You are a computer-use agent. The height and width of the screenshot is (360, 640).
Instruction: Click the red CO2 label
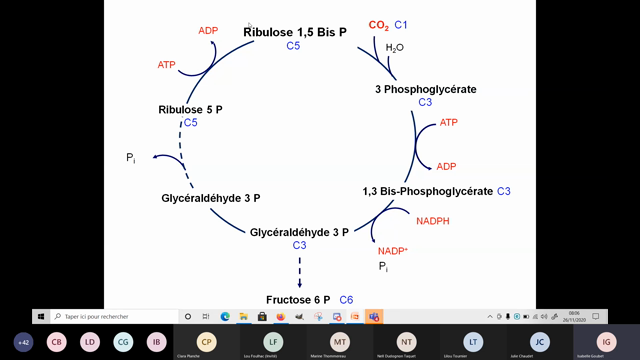(379, 25)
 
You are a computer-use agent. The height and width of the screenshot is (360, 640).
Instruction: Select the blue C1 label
(401, 25)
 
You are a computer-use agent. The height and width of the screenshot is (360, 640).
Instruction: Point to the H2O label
(395, 47)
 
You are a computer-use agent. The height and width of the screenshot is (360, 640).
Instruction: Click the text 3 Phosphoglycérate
(425, 89)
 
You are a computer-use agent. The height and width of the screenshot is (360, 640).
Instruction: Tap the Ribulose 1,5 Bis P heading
(295, 32)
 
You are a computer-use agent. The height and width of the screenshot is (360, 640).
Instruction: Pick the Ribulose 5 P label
(190, 109)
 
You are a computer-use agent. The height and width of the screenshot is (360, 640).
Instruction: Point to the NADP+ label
(393, 251)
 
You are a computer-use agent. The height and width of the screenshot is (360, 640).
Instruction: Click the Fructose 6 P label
(298, 300)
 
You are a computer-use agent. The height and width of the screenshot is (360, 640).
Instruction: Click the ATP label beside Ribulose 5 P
(167, 65)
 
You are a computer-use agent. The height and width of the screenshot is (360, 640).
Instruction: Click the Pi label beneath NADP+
(383, 267)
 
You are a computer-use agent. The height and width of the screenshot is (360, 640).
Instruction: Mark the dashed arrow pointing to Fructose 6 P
(299, 270)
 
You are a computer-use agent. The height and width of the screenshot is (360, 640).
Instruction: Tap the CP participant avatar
(207, 342)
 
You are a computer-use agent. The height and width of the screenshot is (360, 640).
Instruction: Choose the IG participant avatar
(604, 342)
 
